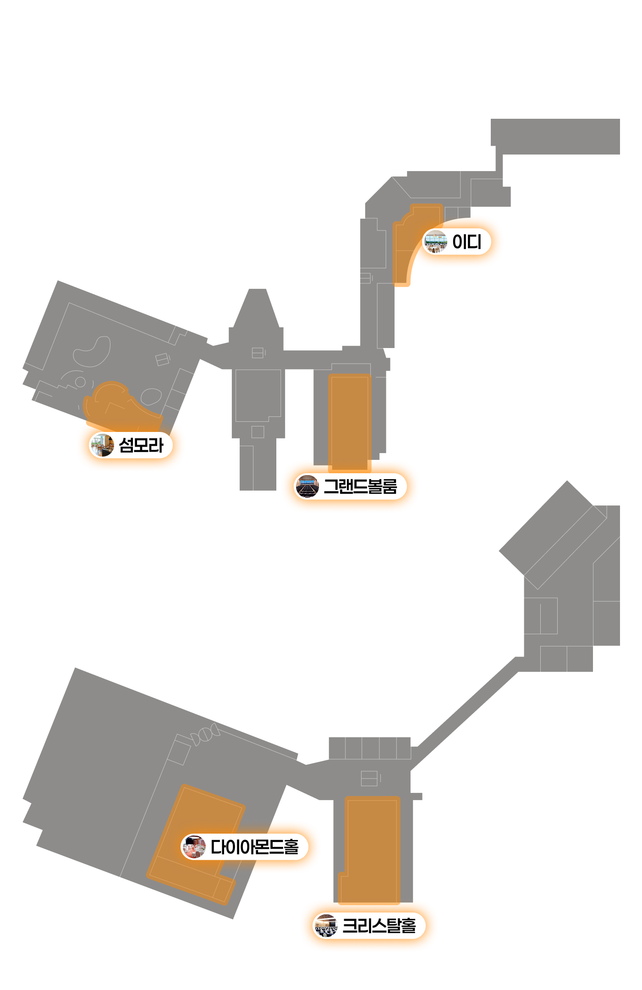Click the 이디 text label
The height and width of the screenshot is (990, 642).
(x=466, y=242)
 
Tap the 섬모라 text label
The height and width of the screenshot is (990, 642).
(x=141, y=445)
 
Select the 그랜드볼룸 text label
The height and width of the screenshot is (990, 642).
(x=360, y=486)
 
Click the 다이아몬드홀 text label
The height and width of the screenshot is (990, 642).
(x=254, y=846)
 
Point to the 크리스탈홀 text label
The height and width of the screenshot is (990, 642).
(x=379, y=925)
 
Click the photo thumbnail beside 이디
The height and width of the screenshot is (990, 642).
(x=435, y=242)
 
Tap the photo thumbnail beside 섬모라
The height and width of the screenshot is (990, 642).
(x=102, y=445)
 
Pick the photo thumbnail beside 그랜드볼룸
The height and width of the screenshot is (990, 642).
(x=307, y=486)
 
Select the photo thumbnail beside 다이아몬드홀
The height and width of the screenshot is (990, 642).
(x=194, y=846)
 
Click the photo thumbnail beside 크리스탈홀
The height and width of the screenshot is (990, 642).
(x=326, y=925)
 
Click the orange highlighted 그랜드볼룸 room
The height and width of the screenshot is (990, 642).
(x=350, y=423)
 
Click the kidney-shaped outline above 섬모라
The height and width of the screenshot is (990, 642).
(x=93, y=352)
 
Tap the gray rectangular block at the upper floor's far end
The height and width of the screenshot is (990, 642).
(x=555, y=137)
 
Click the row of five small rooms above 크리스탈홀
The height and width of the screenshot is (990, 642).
(x=370, y=748)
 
